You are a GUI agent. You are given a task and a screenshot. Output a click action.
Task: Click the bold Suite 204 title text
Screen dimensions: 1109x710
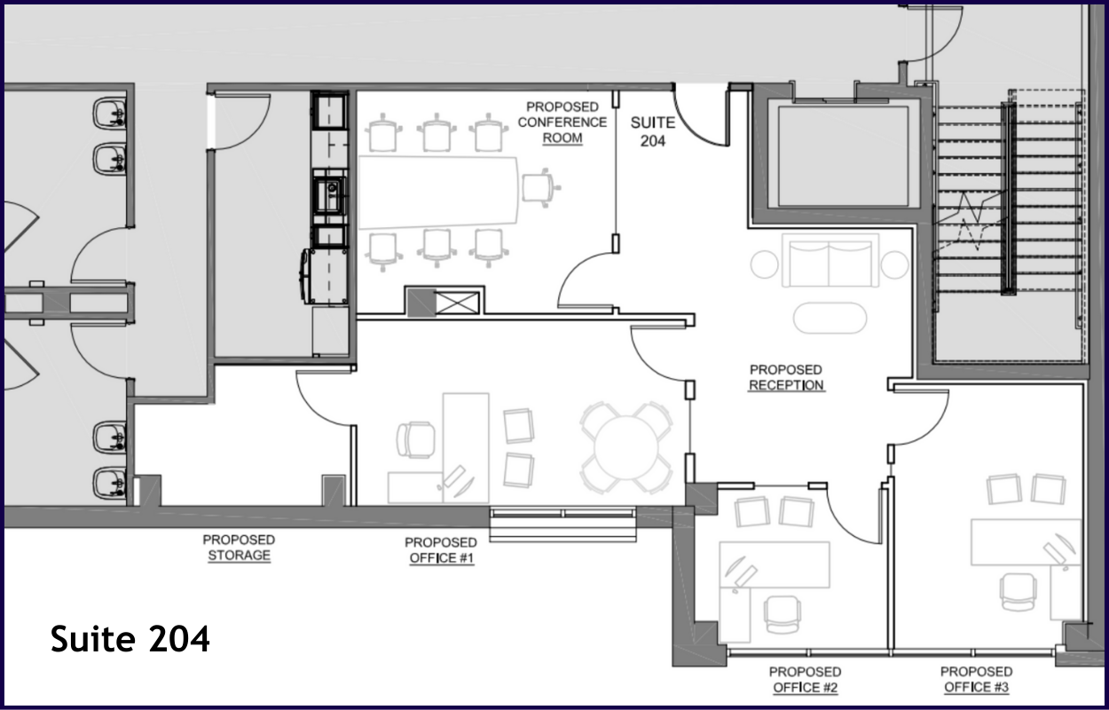130,639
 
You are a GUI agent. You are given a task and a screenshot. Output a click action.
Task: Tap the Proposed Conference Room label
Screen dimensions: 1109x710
562,122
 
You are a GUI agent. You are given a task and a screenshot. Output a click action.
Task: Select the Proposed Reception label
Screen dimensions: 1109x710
786,377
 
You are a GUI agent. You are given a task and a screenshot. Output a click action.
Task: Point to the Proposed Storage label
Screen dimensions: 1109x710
239,548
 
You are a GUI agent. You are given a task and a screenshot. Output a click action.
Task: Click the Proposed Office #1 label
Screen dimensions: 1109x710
441,550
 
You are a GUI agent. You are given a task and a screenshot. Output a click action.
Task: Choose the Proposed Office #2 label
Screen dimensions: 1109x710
805,680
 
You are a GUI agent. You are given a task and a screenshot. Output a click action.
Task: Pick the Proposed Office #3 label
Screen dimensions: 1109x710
976,679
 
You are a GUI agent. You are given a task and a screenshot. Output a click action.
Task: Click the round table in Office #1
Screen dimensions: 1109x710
626,447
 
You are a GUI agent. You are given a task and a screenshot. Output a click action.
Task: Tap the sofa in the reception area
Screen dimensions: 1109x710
830,261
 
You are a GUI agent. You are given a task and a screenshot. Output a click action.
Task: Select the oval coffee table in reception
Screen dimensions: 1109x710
830,318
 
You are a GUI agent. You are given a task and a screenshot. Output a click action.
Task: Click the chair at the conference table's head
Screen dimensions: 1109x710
540,187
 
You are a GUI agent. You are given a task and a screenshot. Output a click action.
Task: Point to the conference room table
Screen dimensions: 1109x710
438,192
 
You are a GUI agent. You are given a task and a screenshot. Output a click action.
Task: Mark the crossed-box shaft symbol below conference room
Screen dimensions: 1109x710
457,303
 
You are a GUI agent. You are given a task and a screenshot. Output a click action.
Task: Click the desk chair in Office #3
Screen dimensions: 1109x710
1018,592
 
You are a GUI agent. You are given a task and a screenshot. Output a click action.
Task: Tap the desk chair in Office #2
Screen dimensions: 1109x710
783,614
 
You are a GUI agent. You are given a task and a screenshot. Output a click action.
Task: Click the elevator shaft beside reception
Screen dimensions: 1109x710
843,156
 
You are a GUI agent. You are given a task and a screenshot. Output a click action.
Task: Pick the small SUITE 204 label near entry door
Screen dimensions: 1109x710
652,131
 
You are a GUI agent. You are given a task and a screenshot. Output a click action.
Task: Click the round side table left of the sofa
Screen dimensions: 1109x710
765,264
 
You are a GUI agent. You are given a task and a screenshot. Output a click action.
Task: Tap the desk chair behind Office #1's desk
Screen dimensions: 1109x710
415,439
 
